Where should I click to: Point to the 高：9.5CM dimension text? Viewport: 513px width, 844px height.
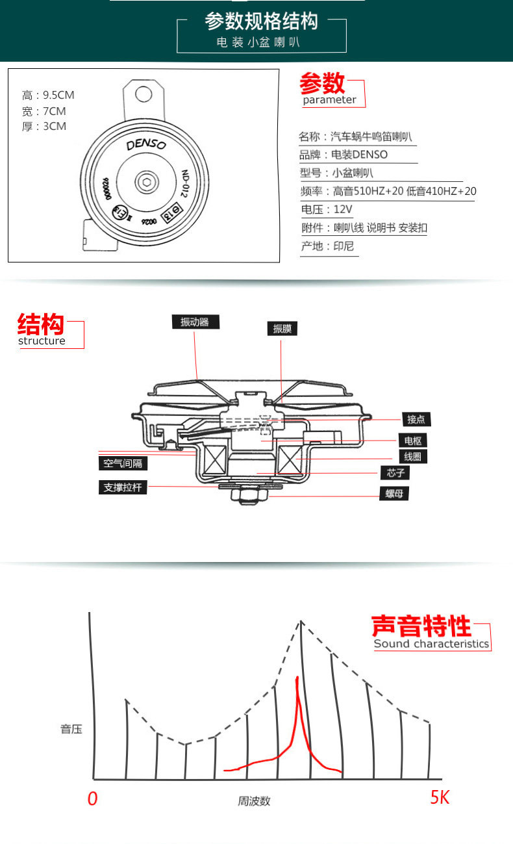coord(48,96)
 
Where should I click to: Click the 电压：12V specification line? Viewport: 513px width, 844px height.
coord(326,209)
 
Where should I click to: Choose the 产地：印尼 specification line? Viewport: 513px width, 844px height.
coord(327,246)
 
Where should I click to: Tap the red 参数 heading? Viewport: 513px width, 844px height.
coord(322,84)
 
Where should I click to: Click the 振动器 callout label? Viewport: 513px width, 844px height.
coord(195,322)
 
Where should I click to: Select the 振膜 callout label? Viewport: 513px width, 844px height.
coord(282,329)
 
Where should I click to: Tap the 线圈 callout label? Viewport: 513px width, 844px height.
coord(412,457)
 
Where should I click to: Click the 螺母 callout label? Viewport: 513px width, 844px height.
coord(394,494)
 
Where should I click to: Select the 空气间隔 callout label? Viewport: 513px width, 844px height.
coord(123,463)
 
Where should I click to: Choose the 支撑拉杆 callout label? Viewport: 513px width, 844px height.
coord(123,487)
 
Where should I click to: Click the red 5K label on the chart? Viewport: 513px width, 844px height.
coord(440,798)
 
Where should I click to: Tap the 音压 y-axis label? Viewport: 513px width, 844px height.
coord(71,729)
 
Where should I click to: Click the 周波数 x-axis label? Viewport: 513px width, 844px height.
coord(253,801)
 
